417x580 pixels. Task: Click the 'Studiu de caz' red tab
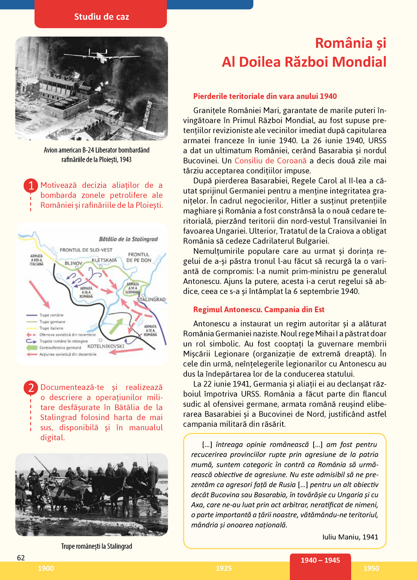point(101,17)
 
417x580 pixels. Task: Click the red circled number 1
point(31,186)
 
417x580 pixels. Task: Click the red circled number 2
point(31,388)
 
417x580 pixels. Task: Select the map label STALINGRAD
point(151,299)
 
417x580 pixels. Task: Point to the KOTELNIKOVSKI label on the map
point(106,346)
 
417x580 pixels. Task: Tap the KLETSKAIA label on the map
point(104,260)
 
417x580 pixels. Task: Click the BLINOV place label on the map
point(73,264)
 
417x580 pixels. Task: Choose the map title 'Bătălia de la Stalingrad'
point(128,239)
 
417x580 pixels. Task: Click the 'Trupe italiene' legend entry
point(51,328)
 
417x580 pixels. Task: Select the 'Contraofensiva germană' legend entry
point(60,348)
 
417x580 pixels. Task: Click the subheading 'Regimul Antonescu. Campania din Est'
point(259,310)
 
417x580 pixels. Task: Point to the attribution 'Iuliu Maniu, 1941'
point(350,537)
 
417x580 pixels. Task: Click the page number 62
point(21,558)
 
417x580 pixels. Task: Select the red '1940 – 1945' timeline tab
point(320,560)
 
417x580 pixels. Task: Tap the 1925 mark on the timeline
point(224,569)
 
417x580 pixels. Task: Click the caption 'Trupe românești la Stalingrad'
point(97,546)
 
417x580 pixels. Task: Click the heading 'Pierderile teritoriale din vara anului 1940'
point(265,97)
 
